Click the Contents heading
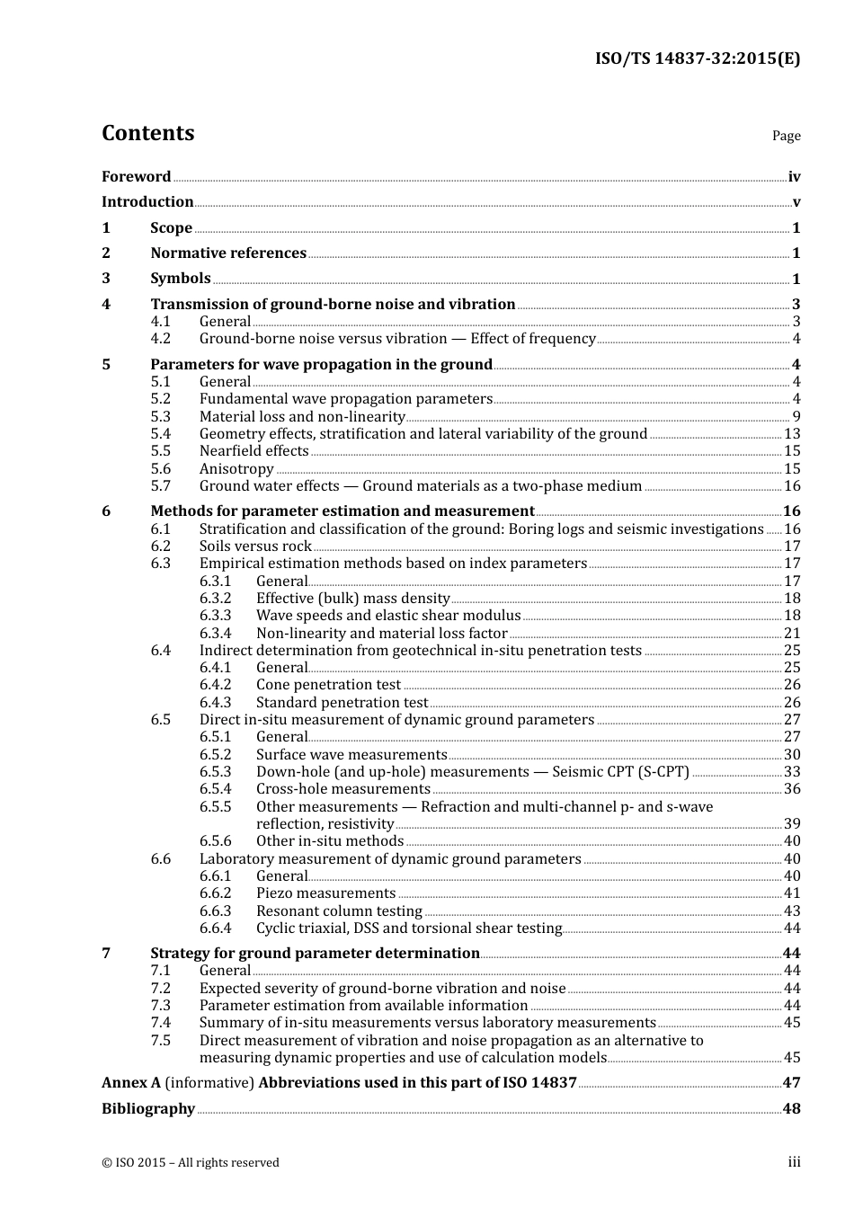[x=147, y=133]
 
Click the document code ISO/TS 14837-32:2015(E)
[x=697, y=58]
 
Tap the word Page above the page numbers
[x=786, y=136]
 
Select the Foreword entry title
[x=136, y=177]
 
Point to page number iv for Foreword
[x=794, y=177]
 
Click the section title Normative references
[x=228, y=253]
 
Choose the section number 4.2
[x=160, y=339]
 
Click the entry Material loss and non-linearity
[x=302, y=417]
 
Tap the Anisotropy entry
[x=236, y=469]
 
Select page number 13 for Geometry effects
[x=792, y=434]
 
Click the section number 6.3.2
[x=215, y=599]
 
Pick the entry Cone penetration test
[x=328, y=685]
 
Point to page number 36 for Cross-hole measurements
[x=792, y=789]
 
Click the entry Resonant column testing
[x=339, y=911]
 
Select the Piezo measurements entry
[x=325, y=893]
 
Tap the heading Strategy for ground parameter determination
[x=315, y=954]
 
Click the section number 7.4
[x=160, y=1023]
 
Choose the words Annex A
[x=131, y=1083]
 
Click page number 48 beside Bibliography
[x=791, y=1109]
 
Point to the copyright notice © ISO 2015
[x=190, y=1163]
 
